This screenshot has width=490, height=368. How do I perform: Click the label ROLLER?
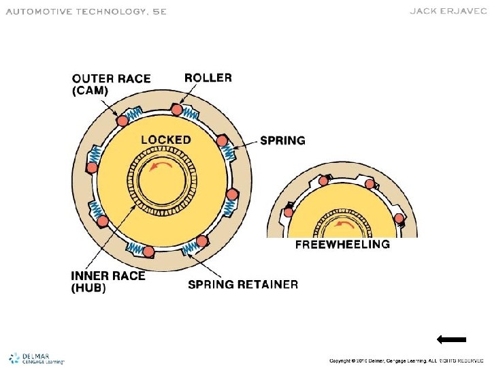208,78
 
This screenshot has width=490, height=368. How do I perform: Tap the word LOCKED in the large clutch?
166,140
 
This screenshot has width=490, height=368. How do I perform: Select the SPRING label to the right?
283,141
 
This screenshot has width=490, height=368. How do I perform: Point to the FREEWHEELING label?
342,244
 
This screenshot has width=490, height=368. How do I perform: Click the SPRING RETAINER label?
242,284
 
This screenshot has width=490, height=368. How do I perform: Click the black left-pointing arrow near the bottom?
451,339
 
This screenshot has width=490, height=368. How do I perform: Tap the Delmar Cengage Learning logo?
37,358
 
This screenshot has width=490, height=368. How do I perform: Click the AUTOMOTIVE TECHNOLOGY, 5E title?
86,12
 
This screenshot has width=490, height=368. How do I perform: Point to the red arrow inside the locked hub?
161,167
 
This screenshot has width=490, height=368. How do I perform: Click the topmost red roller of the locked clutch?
177,110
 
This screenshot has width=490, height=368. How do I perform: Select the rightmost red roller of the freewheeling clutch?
399,219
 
